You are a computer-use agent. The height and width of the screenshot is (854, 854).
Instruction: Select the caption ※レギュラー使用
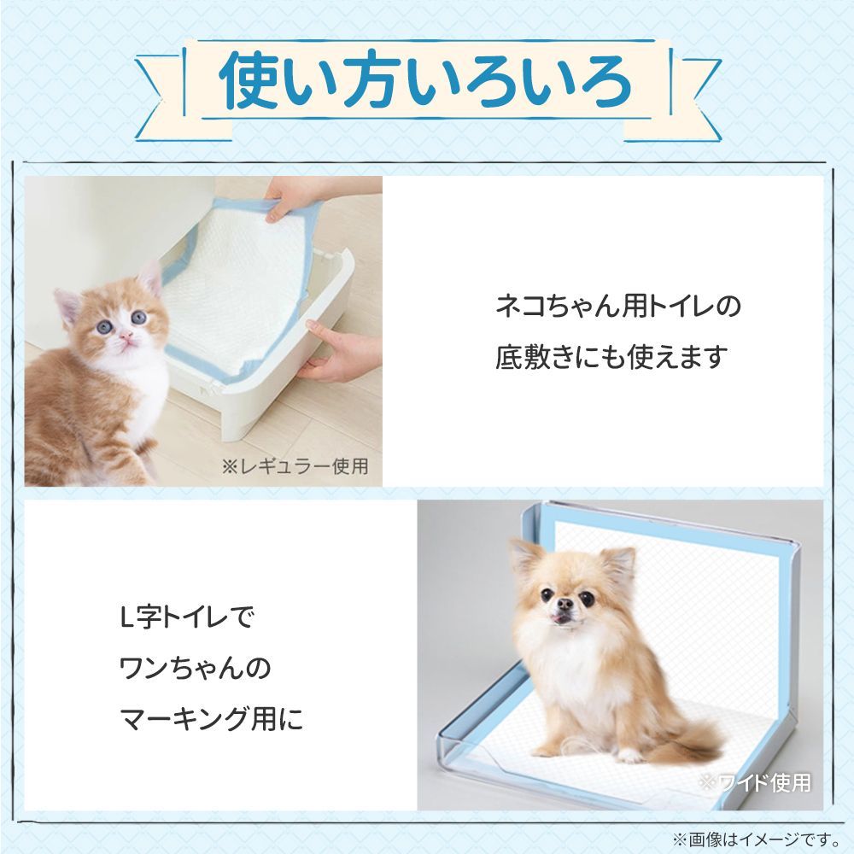(295, 466)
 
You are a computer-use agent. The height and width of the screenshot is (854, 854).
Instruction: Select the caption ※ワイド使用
(754, 781)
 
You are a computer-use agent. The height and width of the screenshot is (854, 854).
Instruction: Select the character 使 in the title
(249, 82)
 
